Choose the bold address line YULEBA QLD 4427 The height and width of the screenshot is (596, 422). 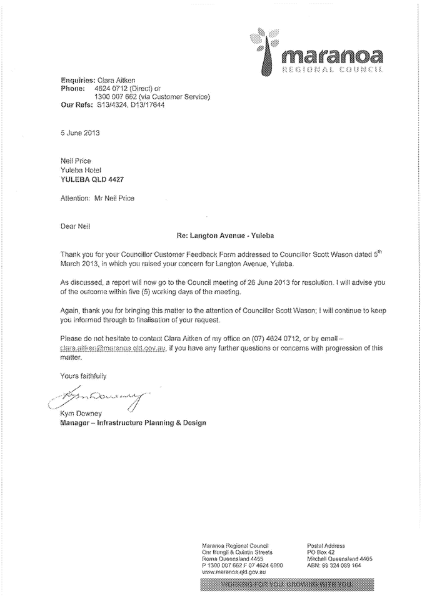92,179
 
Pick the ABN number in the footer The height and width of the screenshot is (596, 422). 334,564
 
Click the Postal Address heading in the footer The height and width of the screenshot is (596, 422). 326,545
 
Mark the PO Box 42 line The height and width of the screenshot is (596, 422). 321,552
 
